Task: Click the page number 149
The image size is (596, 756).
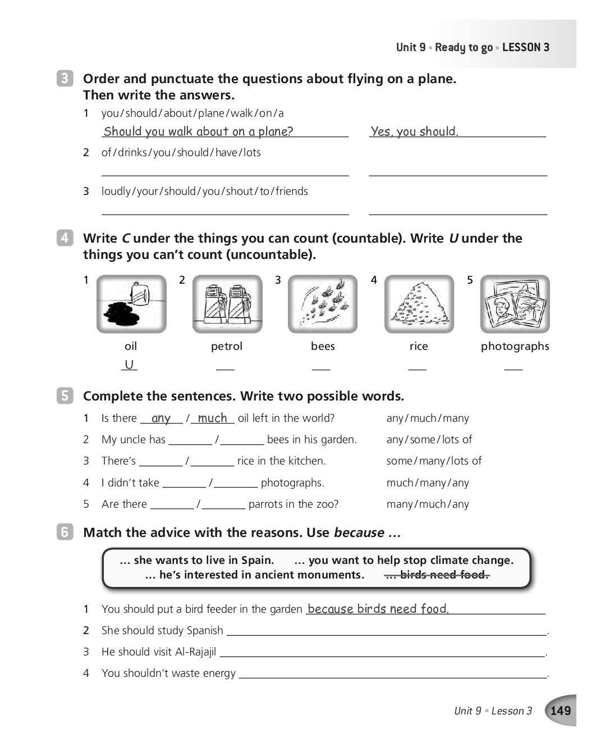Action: [561, 711]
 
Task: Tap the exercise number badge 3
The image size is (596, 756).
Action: [65, 79]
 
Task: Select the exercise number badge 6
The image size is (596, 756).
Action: [65, 532]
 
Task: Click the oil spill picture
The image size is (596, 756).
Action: [131, 304]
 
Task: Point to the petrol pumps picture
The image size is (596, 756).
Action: [227, 304]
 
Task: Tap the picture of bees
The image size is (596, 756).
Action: [323, 304]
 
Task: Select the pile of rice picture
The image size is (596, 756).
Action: [419, 304]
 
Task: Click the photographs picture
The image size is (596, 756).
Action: [515, 304]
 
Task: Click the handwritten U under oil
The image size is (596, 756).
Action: [129, 365]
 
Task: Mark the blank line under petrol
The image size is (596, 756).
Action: [225, 368]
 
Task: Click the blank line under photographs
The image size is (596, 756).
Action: [513, 368]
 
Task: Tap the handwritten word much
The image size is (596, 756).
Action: [212, 418]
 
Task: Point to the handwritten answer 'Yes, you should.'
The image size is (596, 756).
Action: [414, 131]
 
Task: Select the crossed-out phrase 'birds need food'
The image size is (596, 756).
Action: [437, 575]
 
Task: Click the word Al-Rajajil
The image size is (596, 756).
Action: [195, 652]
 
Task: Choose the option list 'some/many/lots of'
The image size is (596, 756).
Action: [434, 461]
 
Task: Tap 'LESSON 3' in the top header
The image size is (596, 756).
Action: [526, 48]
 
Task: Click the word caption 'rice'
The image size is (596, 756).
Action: [419, 346]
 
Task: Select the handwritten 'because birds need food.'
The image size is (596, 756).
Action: [378, 609]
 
